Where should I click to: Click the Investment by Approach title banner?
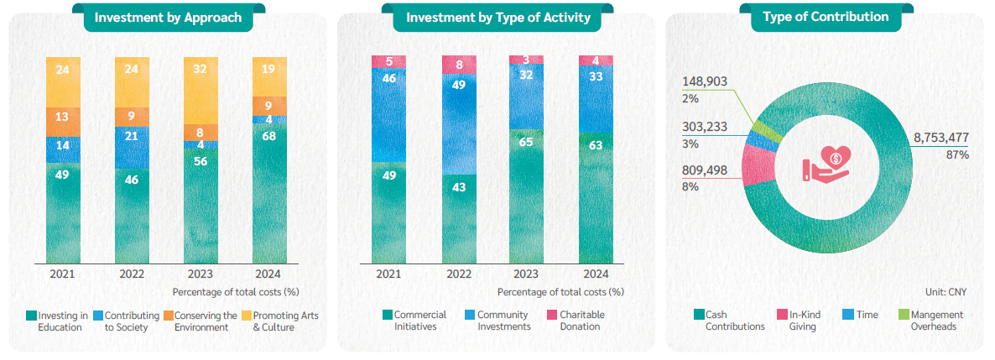coord(168,17)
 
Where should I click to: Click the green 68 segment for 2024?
coord(269,193)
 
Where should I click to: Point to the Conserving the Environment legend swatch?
coord(167,316)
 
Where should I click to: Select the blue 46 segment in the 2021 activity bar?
coord(388,114)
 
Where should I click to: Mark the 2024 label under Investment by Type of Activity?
coord(595,274)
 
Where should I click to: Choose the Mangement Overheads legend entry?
coord(936,321)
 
